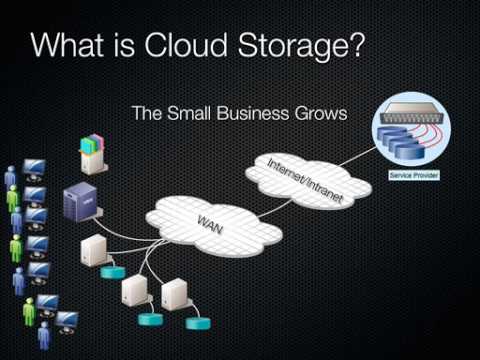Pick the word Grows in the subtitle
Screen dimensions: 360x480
pos(319,113)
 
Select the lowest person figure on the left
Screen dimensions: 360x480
pos(44,334)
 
